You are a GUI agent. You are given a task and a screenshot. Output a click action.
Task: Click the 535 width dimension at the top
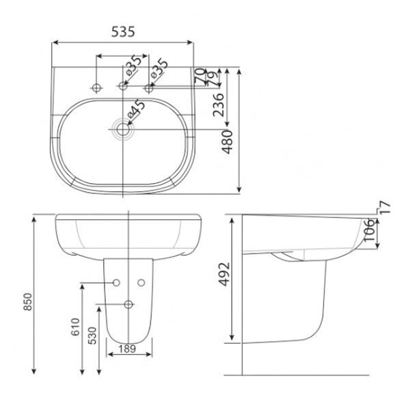pyautogui.click(x=122, y=32)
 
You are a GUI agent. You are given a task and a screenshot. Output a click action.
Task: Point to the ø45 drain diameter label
pyautogui.click(x=135, y=109)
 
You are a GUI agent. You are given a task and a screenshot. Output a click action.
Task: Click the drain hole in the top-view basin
pyautogui.click(x=124, y=128)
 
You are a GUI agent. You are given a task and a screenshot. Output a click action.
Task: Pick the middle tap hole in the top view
pyautogui.click(x=124, y=87)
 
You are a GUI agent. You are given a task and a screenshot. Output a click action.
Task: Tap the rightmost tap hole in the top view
pyautogui.click(x=150, y=87)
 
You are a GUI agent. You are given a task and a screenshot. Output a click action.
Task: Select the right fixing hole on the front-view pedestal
pyautogui.click(x=142, y=282)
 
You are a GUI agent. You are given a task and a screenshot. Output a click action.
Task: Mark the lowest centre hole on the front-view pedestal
pyautogui.click(x=129, y=304)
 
